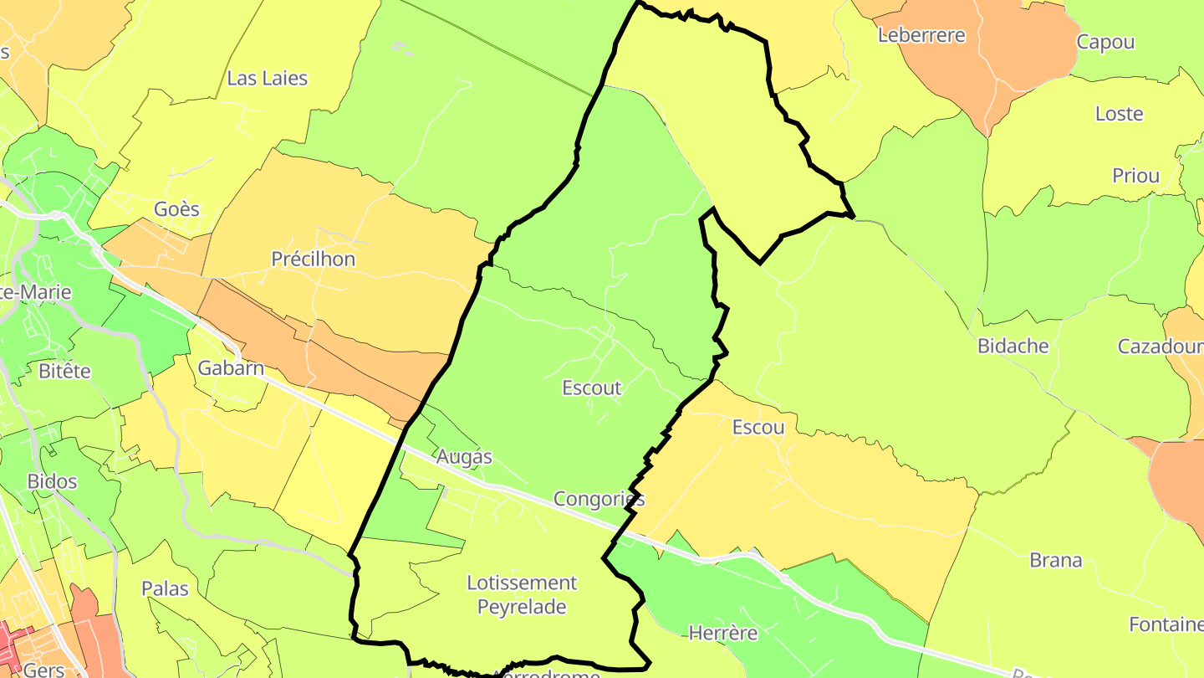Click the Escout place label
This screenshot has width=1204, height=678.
(592, 388)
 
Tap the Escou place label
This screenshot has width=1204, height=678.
(758, 427)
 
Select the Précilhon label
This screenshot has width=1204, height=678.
(313, 259)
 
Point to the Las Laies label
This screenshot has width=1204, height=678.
(268, 78)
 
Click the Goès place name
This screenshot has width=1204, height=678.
(176, 208)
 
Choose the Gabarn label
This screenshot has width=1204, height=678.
(231, 367)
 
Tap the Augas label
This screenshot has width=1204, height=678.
(464, 457)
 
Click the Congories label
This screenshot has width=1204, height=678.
(599, 500)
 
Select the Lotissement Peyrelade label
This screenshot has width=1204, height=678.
(522, 594)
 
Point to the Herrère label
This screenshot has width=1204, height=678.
(723, 633)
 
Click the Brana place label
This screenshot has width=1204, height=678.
(1056, 560)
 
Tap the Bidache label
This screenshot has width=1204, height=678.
(1013, 346)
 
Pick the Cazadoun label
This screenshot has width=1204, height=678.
(1160, 347)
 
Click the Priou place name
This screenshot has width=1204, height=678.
(1135, 176)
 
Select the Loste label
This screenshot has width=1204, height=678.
(1119, 114)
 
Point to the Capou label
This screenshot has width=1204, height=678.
(1105, 43)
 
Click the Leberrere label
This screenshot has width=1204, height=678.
(921, 35)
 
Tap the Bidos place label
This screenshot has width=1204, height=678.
(52, 481)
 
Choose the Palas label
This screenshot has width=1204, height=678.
(165, 588)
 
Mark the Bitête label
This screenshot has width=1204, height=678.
(64, 371)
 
